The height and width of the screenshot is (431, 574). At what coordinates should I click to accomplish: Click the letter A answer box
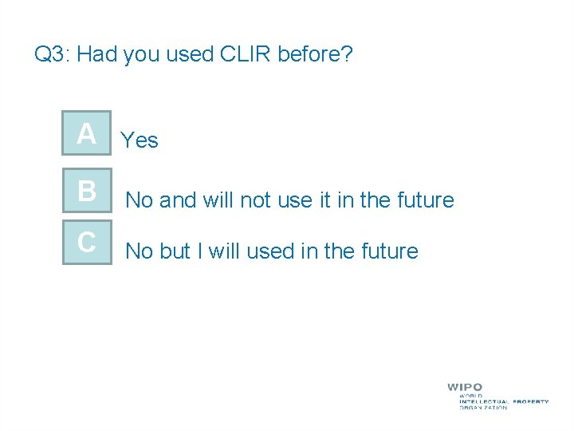point(87,134)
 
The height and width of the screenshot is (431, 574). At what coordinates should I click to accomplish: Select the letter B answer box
point(87,192)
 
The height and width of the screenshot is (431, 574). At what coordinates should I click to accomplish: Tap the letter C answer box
point(87,242)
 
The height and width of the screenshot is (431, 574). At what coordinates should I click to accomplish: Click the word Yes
point(140,141)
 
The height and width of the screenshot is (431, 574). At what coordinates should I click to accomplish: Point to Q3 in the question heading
point(53,54)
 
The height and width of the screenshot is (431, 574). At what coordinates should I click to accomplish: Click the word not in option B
point(255,200)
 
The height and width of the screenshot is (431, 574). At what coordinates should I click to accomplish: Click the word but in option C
point(175,251)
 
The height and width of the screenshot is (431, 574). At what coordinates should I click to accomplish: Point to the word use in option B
point(293,200)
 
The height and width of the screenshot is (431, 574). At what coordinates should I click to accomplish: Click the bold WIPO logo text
point(465,387)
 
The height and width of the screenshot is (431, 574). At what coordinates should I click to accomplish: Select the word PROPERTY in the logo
point(529,401)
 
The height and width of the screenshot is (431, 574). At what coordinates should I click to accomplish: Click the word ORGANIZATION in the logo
point(483,407)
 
